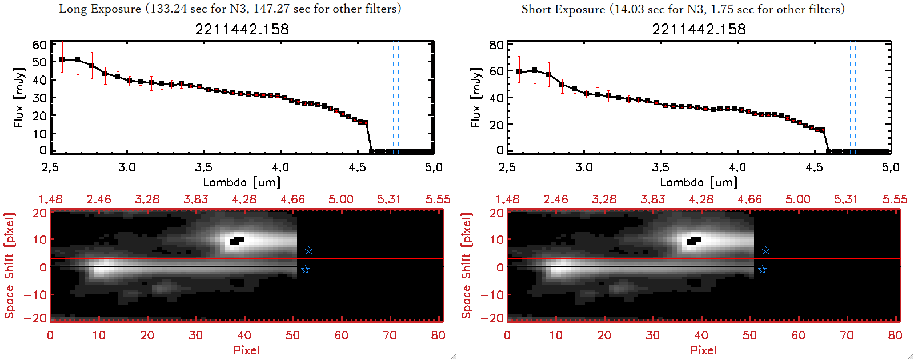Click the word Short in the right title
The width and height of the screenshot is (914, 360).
(x=536, y=9)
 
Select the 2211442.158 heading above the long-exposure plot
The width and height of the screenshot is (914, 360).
(x=242, y=29)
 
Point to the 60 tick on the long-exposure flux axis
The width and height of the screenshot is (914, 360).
(x=39, y=45)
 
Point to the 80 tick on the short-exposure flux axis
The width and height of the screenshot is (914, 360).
(x=496, y=45)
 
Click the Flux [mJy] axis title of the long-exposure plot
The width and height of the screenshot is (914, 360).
(x=19, y=97)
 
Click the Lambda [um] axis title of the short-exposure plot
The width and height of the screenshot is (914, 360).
(x=699, y=182)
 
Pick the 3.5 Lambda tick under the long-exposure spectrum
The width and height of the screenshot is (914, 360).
(x=203, y=167)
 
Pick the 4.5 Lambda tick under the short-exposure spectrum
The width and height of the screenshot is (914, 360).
(x=814, y=167)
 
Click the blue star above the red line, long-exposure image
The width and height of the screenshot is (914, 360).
(x=309, y=250)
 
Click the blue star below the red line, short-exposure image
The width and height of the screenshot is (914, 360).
(x=762, y=270)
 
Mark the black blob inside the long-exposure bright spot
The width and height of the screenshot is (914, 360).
(x=236, y=241)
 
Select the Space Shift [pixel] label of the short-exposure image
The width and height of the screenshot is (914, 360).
(x=467, y=266)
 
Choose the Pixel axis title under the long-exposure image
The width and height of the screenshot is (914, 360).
(x=246, y=350)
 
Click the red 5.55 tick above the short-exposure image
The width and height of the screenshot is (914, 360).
(x=895, y=199)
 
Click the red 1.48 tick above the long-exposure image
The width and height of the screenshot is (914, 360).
(x=50, y=199)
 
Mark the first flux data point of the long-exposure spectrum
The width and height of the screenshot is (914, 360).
(x=62, y=59)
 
